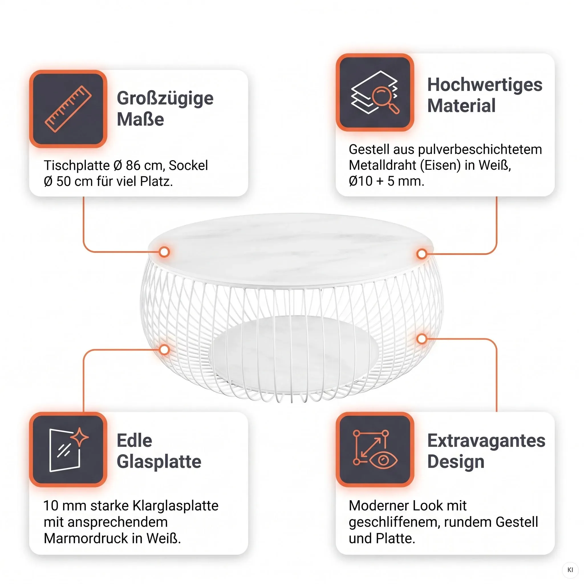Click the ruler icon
(x=68, y=109)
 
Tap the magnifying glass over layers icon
(x=375, y=92)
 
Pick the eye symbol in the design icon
(x=383, y=460)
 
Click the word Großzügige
(x=165, y=99)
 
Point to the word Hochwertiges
(x=485, y=85)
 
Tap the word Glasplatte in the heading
(x=159, y=462)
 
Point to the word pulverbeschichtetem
(x=480, y=149)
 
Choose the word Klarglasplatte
(x=175, y=506)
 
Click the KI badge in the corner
(x=570, y=570)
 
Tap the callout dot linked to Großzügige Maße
(x=164, y=252)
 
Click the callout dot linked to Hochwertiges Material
(x=422, y=254)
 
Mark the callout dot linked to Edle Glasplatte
(x=164, y=350)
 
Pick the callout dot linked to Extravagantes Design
(x=422, y=339)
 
